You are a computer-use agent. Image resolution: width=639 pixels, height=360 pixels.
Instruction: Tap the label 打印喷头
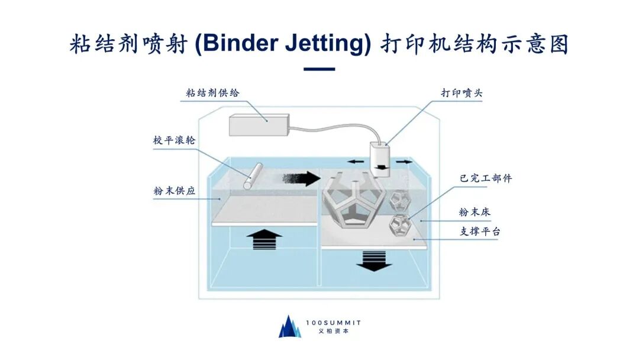pos(462,93)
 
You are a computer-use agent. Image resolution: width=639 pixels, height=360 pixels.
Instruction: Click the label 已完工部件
pos(485,178)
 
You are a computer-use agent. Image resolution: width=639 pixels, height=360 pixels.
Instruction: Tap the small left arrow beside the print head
pos(355,161)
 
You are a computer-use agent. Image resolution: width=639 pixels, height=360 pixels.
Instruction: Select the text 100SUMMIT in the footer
pos(333,323)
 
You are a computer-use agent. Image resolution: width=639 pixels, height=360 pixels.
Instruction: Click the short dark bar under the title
pos(319,69)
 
